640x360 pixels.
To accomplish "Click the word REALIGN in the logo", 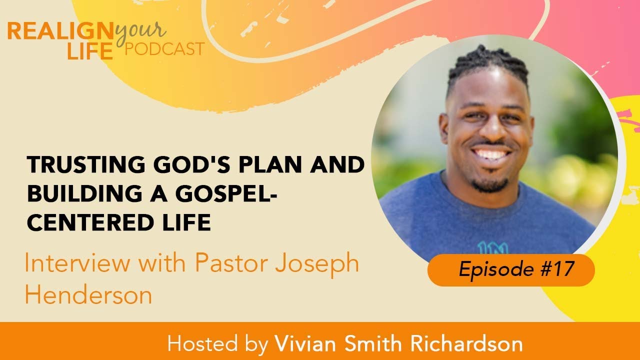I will pyautogui.click(x=60, y=31).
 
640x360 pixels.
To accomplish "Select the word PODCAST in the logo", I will pyautogui.click(x=164, y=49).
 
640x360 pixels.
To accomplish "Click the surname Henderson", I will pyautogui.click(x=88, y=295).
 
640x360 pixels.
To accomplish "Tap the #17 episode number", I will pyautogui.click(x=558, y=270).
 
